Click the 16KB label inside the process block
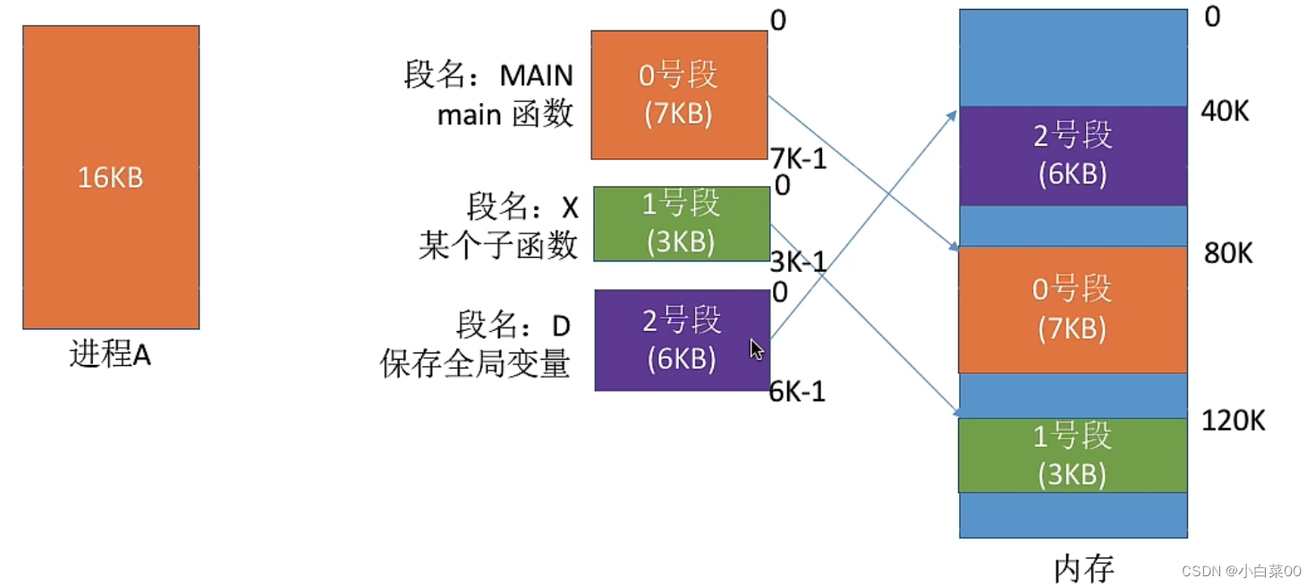(110, 177)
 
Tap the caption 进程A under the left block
(110, 354)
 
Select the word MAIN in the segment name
(536, 75)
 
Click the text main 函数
(505, 114)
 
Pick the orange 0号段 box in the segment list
(679, 95)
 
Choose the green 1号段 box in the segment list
(682, 224)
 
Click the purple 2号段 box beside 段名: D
(683, 340)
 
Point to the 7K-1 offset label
(798, 158)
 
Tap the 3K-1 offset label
(798, 262)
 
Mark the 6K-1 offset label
(797, 392)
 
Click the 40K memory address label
(1225, 111)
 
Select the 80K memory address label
(1228, 253)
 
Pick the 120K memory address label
(1234, 421)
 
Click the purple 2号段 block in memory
(1073, 156)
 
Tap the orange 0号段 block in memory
(1073, 310)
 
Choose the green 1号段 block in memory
(1073, 455)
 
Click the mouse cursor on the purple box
(757, 350)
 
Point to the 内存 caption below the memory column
(1083, 569)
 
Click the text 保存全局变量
(474, 363)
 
